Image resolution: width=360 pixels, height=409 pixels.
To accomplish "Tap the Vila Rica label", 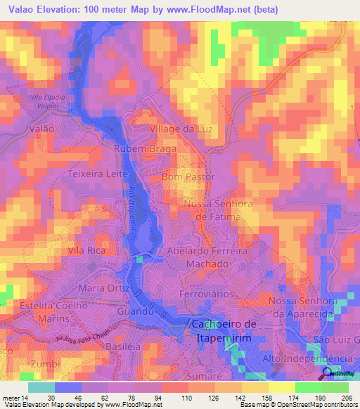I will pos(86,250).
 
